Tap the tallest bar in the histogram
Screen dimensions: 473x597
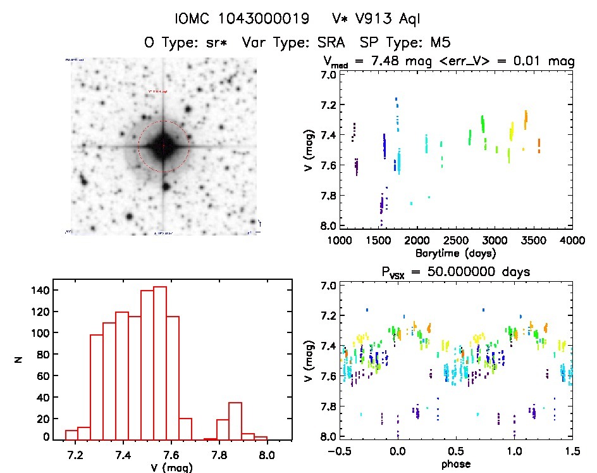point(160,363)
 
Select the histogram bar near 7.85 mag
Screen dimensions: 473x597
point(235,420)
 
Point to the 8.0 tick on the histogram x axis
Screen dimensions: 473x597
point(267,453)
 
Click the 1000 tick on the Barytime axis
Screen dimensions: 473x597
point(340,241)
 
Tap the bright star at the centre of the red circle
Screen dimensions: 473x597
point(163,146)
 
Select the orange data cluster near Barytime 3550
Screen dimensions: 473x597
point(539,146)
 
